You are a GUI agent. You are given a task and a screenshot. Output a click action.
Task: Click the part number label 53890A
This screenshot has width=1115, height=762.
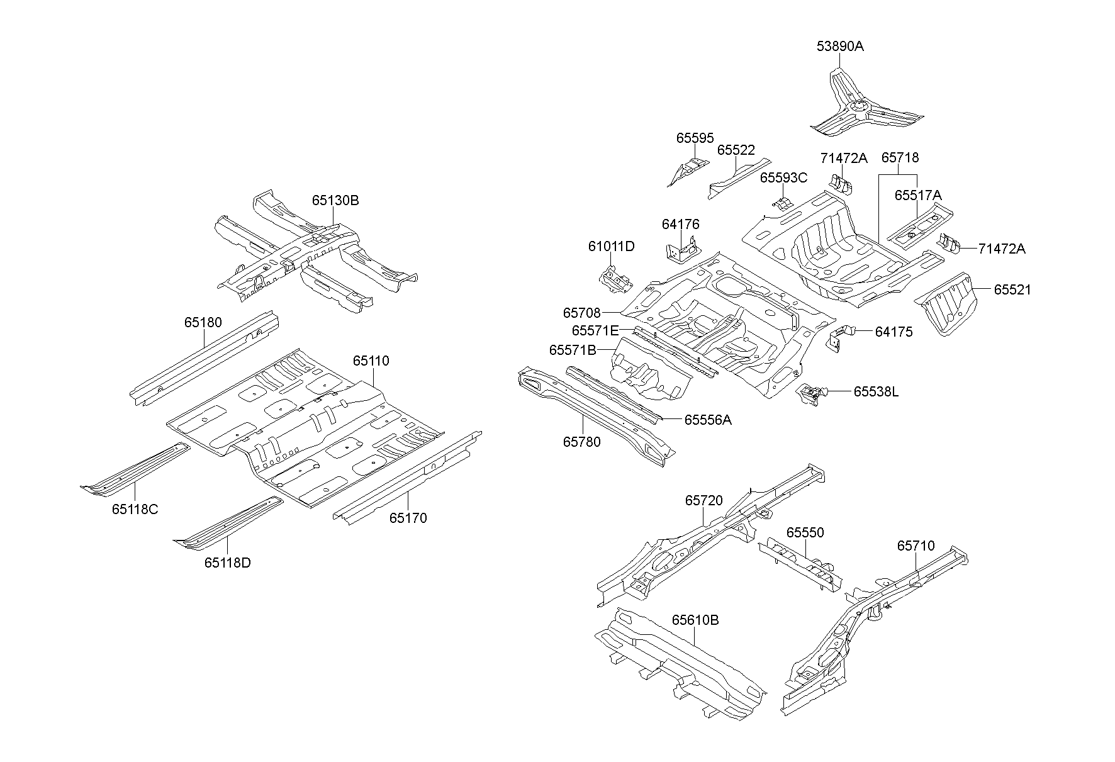tap(840, 46)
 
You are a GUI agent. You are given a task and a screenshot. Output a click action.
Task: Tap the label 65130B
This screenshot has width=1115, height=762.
tap(335, 201)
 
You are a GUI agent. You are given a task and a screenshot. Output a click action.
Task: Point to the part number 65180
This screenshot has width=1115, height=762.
tap(203, 323)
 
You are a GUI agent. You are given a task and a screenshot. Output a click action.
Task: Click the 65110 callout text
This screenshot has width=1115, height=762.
tap(371, 361)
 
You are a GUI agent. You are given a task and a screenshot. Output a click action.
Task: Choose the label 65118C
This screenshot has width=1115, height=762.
tap(135, 509)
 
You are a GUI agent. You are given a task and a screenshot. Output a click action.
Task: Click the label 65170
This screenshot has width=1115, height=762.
tap(408, 518)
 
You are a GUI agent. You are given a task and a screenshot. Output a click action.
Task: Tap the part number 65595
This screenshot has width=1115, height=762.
tap(695, 138)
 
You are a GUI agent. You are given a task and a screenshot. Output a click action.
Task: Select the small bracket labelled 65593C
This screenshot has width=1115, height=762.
tap(782, 205)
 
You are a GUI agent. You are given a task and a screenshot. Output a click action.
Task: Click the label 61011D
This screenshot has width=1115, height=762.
tap(611, 247)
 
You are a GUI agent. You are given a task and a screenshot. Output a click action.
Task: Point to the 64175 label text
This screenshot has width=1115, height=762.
tap(894, 332)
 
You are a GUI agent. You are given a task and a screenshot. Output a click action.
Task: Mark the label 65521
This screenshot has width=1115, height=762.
tap(1012, 290)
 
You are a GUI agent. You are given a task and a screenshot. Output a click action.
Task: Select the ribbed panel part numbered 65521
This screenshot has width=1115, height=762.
tap(950, 302)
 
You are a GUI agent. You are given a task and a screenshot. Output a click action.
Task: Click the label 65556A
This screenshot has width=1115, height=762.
tap(707, 420)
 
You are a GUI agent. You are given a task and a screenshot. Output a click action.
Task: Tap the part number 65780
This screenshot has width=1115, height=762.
tap(581, 442)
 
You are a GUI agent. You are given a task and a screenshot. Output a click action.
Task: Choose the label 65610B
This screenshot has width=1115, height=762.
tap(695, 620)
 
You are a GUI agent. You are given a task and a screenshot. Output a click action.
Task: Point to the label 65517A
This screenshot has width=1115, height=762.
tap(917, 196)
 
